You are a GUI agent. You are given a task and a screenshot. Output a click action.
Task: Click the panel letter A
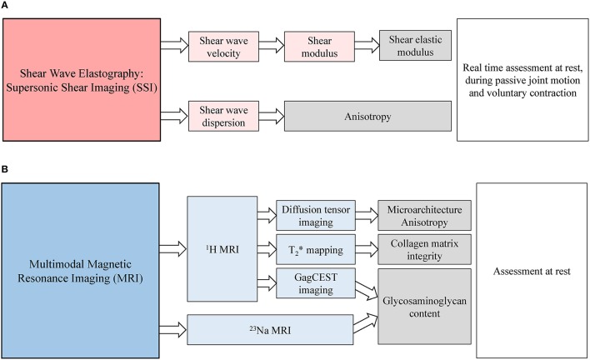7,7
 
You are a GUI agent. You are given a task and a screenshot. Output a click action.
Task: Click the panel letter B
7,169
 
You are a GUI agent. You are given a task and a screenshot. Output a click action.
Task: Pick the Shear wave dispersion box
219,114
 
